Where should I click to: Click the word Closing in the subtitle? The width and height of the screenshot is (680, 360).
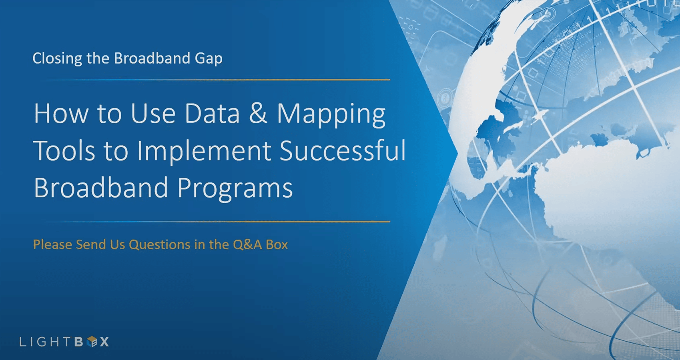(57, 58)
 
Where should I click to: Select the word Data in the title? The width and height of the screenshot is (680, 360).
(212, 114)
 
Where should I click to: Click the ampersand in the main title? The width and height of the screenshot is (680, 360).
(258, 114)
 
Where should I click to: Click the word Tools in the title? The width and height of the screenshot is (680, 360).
(64, 151)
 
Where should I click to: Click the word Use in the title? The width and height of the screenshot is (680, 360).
(153, 114)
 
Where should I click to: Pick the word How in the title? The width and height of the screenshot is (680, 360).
(61, 114)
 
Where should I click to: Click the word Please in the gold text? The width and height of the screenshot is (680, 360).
(52, 245)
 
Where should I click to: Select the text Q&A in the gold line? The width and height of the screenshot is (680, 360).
(247, 245)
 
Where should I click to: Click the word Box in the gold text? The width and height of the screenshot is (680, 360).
(277, 244)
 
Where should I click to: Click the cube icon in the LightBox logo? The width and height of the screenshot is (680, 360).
(92, 342)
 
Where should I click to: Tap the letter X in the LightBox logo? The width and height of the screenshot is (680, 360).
(104, 342)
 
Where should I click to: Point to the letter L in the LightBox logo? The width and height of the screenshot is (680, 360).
(22, 342)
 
